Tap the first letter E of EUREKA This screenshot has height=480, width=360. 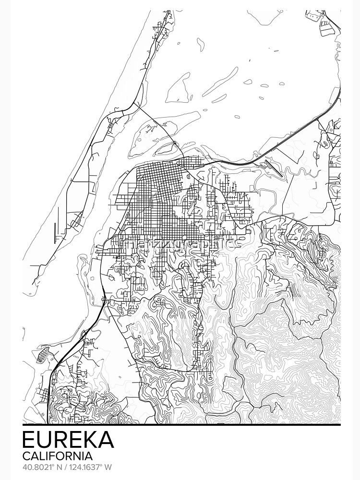click(x=28, y=440)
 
